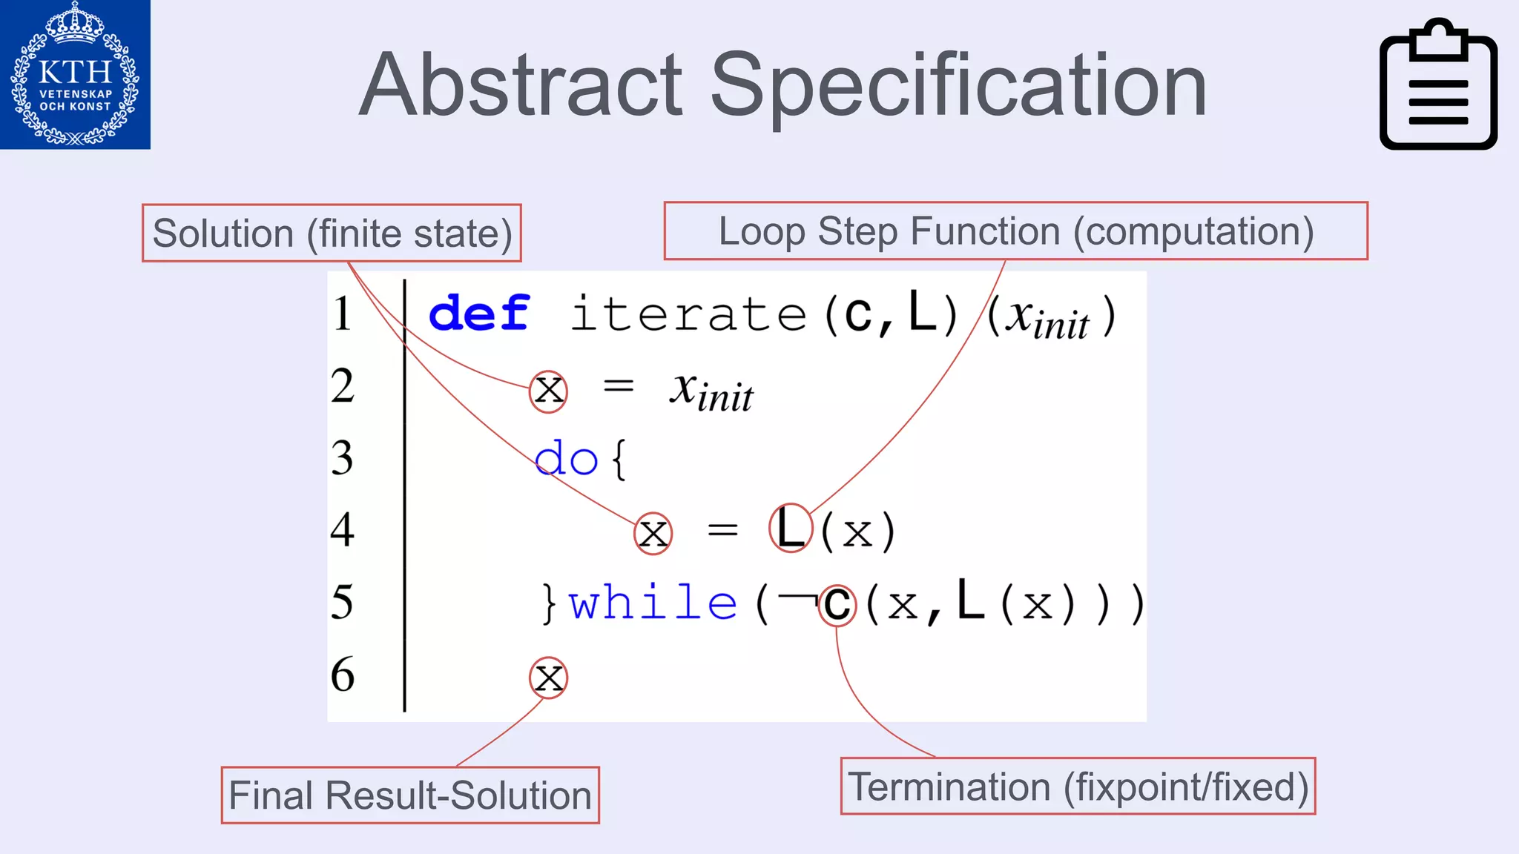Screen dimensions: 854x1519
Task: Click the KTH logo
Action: [x=75, y=74]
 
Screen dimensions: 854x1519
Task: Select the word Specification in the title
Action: [x=958, y=87]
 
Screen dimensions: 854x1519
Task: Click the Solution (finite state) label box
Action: [x=332, y=234]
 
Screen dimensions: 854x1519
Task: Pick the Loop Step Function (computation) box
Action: [x=1015, y=231]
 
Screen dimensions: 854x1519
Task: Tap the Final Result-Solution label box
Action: [x=410, y=795]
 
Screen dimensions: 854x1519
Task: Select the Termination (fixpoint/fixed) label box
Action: [x=1078, y=787]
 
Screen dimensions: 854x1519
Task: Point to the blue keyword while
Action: [x=653, y=602]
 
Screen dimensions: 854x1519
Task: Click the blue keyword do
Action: [x=566, y=458]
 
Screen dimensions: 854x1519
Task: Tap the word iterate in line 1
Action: [x=688, y=314]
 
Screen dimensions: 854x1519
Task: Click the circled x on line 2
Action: [x=549, y=391]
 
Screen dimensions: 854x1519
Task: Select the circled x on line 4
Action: [x=653, y=533]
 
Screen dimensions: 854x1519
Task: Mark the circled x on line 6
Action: [x=549, y=678]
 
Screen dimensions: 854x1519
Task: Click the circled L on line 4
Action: [x=791, y=529]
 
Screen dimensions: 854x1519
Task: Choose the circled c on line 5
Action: [x=837, y=605]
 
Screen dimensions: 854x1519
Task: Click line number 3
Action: [x=342, y=458]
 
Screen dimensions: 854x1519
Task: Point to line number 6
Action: [x=342, y=675]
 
